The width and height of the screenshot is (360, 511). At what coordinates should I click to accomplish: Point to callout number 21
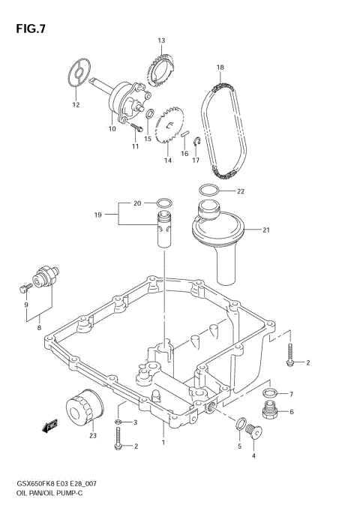(266, 230)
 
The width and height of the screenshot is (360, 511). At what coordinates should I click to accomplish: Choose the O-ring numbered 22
(211, 191)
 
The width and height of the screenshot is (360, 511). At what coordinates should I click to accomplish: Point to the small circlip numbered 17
(193, 144)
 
